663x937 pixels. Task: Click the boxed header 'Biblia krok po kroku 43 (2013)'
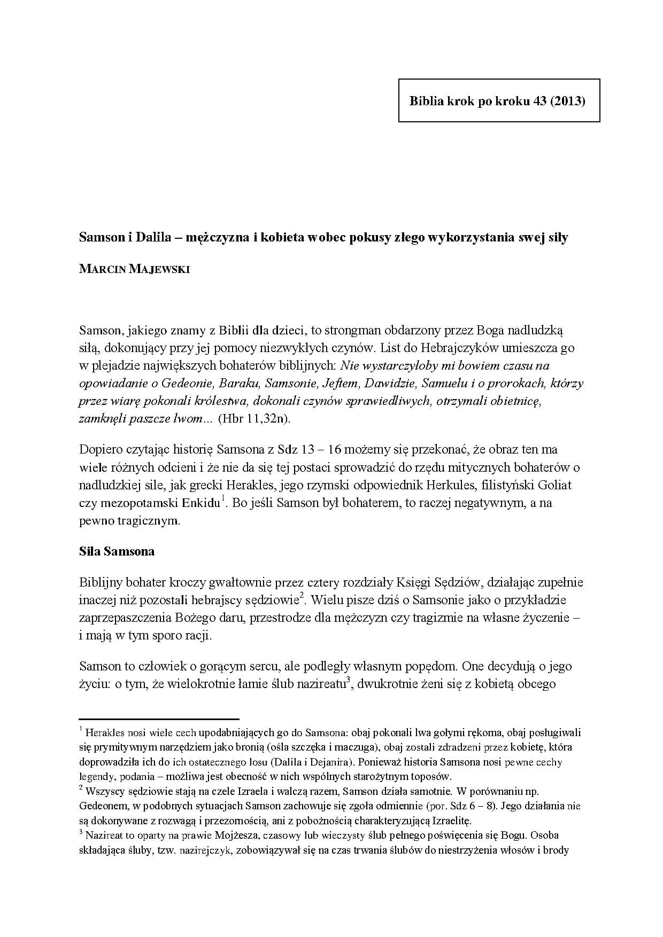pos(498,101)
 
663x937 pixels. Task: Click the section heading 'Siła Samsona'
pos(117,551)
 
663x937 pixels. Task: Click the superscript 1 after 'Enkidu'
pos(224,499)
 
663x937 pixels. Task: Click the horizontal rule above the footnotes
pos(159,719)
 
